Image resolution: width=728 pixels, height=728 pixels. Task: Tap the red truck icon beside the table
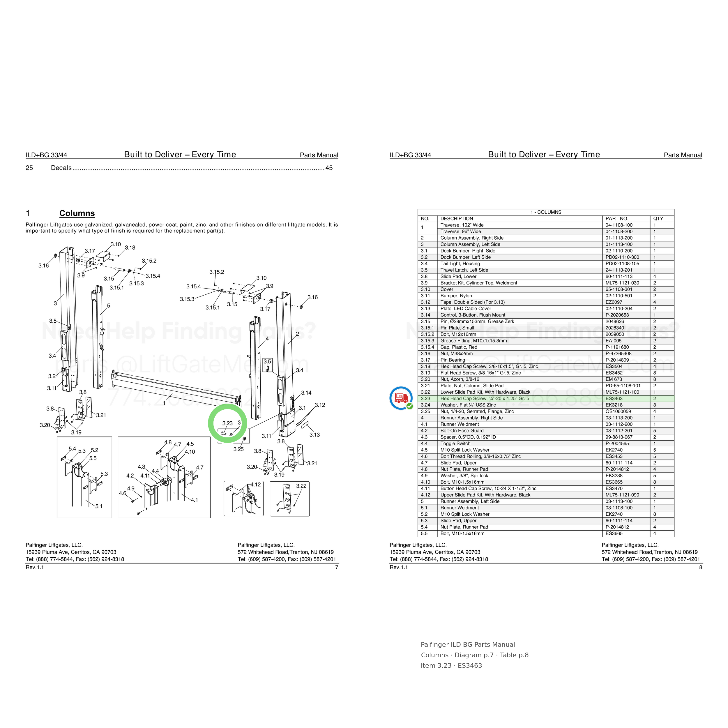point(401,398)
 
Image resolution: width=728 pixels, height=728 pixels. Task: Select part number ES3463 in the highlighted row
point(614,399)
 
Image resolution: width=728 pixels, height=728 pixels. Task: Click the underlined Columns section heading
point(77,213)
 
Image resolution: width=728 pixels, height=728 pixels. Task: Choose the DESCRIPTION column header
point(457,219)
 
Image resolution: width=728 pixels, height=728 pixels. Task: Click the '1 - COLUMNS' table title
point(546,212)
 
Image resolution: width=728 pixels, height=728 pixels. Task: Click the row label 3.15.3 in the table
point(427,341)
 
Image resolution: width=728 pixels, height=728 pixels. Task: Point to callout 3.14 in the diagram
point(306,393)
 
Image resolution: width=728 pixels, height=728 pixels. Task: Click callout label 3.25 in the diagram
point(238,449)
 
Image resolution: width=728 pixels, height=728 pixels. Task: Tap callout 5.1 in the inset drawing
point(99,506)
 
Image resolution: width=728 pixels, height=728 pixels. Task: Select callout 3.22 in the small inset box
point(301,486)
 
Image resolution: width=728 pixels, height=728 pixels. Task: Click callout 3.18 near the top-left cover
point(130,248)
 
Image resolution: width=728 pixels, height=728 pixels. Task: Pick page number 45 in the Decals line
point(329,168)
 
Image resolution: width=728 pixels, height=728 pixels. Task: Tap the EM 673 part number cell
point(614,379)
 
